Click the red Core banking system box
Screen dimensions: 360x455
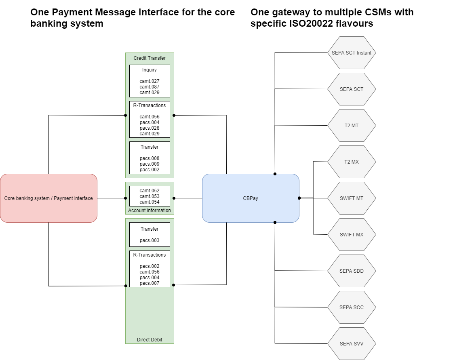tap(48, 198)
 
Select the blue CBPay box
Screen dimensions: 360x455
tap(251, 198)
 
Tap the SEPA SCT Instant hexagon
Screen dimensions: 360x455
tap(352, 53)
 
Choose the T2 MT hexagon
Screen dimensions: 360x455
tap(352, 126)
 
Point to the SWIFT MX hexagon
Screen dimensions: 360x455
tap(352, 235)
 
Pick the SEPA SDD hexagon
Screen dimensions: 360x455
tap(352, 271)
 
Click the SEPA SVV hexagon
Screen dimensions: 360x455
tap(352, 344)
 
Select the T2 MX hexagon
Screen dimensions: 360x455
tap(352, 162)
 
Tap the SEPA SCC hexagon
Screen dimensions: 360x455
tap(352, 307)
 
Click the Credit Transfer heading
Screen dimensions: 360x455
tap(150, 58)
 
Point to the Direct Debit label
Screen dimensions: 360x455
tap(150, 340)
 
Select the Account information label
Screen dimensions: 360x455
tap(150, 211)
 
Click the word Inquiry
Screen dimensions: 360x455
tap(150, 70)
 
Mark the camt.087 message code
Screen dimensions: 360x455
tap(150, 87)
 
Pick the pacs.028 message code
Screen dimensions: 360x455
tap(150, 128)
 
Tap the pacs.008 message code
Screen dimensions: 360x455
tap(150, 158)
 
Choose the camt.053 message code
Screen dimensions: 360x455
tap(150, 196)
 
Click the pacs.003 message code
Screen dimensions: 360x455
tap(150, 240)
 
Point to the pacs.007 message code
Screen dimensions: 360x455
tap(150, 283)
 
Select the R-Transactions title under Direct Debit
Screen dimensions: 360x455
tap(150, 255)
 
